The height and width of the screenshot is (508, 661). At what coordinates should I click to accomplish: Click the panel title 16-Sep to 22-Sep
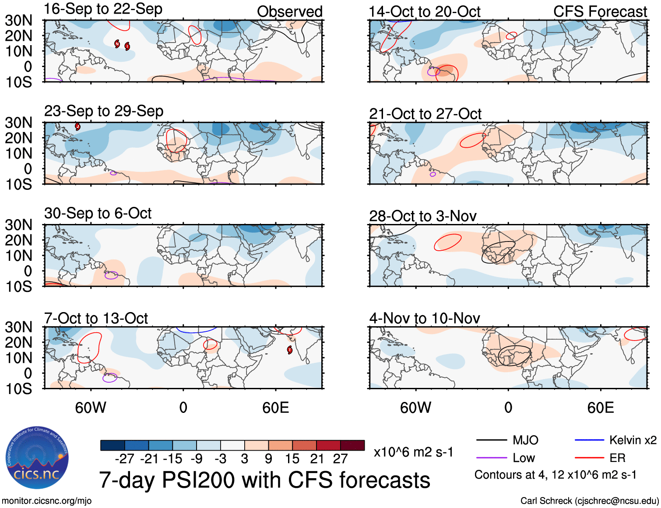[x=103, y=9]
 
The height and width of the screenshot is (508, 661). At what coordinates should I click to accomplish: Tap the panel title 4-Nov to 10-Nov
[x=424, y=318]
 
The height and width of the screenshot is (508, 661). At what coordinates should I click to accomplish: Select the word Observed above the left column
[x=289, y=12]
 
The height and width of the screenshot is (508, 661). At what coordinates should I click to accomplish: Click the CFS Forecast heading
[x=600, y=12]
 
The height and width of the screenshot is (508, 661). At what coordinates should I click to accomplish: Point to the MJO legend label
[x=525, y=440]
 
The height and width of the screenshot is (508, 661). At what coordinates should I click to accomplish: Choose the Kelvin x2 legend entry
[x=633, y=440]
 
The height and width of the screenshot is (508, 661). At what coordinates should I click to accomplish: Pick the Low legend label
[x=524, y=458]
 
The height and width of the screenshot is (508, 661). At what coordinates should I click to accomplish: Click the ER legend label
[x=617, y=458]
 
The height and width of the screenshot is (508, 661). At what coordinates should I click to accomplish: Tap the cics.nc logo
[x=37, y=458]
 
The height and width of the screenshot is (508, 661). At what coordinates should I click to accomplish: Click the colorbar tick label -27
[x=124, y=459]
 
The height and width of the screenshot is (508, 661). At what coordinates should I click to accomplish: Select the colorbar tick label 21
[x=316, y=459]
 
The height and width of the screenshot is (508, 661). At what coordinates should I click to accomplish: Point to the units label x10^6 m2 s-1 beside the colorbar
[x=413, y=452]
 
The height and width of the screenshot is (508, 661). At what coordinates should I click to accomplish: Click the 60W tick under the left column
[x=91, y=408]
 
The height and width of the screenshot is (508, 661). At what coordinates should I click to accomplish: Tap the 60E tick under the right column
[x=600, y=408]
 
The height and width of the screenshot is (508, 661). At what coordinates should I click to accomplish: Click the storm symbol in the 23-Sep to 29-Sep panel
[x=77, y=127]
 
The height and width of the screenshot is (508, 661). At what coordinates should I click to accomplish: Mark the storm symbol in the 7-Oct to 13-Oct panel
[x=289, y=349]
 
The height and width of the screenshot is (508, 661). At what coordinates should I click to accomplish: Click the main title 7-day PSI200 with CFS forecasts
[x=264, y=480]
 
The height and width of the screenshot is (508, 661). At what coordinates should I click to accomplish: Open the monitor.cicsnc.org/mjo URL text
[x=46, y=501]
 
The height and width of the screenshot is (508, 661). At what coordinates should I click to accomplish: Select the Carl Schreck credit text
[x=589, y=501]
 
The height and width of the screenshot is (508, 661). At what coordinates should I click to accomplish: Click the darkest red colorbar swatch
[x=352, y=445]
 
